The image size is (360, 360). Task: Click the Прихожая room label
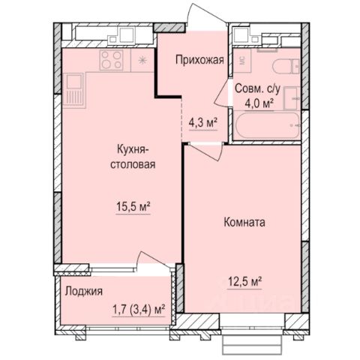(199, 60)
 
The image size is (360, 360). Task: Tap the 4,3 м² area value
(202, 123)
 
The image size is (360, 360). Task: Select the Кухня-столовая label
(133, 157)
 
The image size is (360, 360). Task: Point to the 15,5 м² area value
(133, 207)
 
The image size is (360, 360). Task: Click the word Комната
(244, 222)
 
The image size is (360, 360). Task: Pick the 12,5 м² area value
(244, 282)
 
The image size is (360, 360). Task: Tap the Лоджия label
(84, 292)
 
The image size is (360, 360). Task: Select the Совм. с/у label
(258, 89)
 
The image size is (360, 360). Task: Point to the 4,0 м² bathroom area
(259, 103)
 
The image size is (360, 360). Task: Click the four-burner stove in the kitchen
(112, 60)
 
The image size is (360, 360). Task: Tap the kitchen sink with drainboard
(74, 91)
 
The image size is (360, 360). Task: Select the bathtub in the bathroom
(267, 126)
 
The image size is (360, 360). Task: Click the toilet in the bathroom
(286, 67)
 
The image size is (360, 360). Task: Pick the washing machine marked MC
(242, 61)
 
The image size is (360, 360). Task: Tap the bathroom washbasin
(292, 98)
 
